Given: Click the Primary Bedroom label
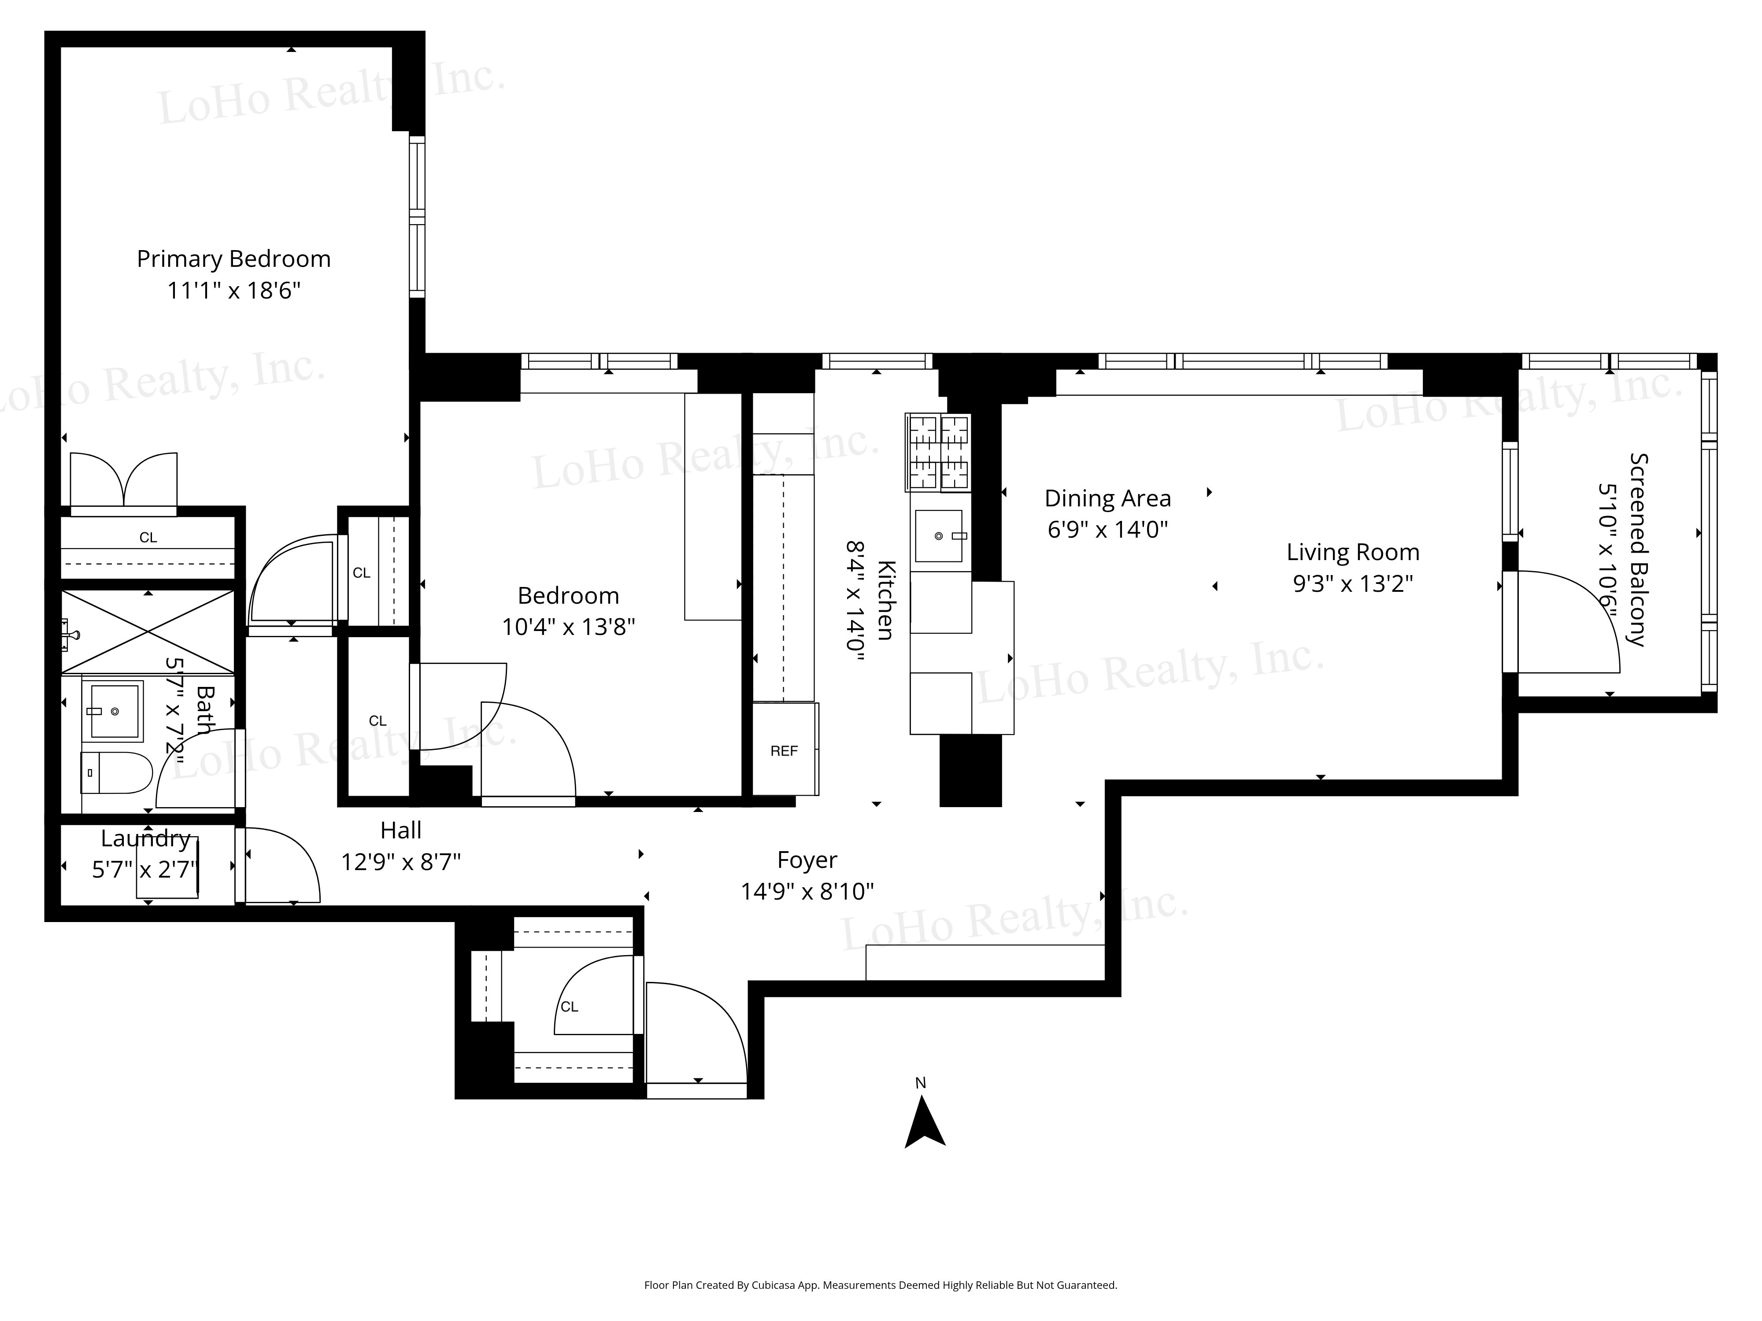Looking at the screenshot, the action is (x=233, y=259).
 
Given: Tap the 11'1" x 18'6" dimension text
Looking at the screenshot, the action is (x=233, y=291).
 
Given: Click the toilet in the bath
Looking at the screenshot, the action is (x=116, y=772).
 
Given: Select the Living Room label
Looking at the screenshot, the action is (x=1353, y=552).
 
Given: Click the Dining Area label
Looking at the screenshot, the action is (x=1107, y=498).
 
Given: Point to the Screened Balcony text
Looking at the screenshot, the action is (x=1638, y=550).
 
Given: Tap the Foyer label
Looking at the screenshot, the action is (x=807, y=860).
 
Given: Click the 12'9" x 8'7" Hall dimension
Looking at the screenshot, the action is (x=401, y=862).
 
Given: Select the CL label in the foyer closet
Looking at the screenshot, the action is (x=569, y=1007).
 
